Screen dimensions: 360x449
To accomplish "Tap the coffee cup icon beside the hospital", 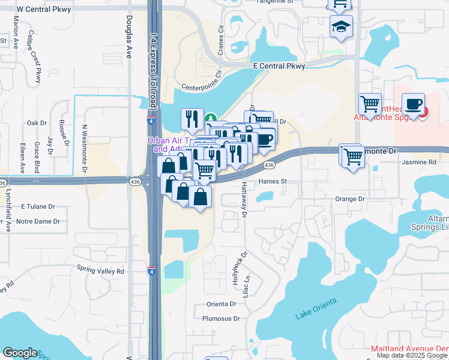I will coord(413,104).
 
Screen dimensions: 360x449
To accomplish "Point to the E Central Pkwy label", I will coord(279,66).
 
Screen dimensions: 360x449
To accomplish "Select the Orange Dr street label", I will coord(350,199).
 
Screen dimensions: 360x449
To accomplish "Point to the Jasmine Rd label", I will coord(420,162).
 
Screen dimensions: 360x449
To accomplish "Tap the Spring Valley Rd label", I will coord(100,271).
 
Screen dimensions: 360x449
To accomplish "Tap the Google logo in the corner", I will coord(20,353).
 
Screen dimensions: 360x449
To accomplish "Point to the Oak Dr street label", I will coord(37,123).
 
